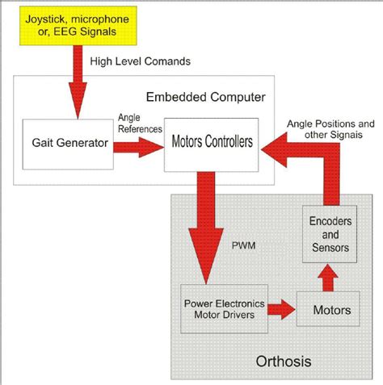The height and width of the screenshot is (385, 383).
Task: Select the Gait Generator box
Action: (69, 143)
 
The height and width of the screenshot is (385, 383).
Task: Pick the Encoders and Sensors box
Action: (329, 233)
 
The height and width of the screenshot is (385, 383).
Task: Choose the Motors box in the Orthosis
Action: (331, 310)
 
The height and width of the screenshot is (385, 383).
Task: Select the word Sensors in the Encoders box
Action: (329, 247)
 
